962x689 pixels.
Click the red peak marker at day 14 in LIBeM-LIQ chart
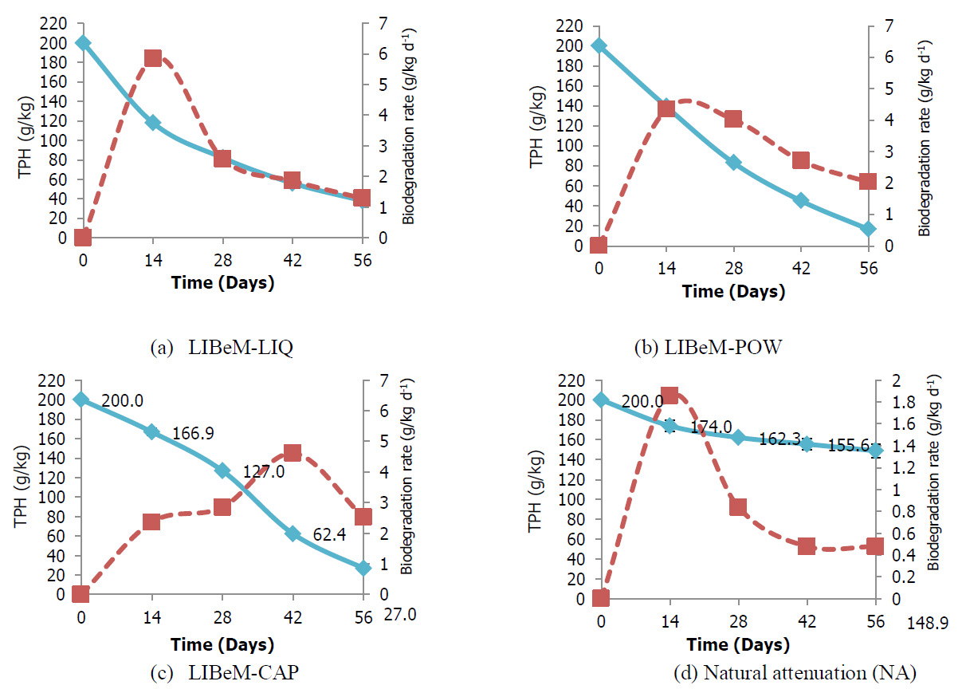tap(152, 58)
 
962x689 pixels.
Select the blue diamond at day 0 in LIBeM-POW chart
tap(599, 45)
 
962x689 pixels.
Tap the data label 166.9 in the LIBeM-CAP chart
tap(194, 434)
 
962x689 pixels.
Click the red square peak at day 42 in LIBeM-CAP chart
tap(293, 453)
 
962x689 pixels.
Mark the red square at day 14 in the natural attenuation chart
tap(669, 396)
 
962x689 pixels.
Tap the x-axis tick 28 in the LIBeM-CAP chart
tap(222, 616)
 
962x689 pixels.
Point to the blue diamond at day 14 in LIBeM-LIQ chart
tap(152, 122)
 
